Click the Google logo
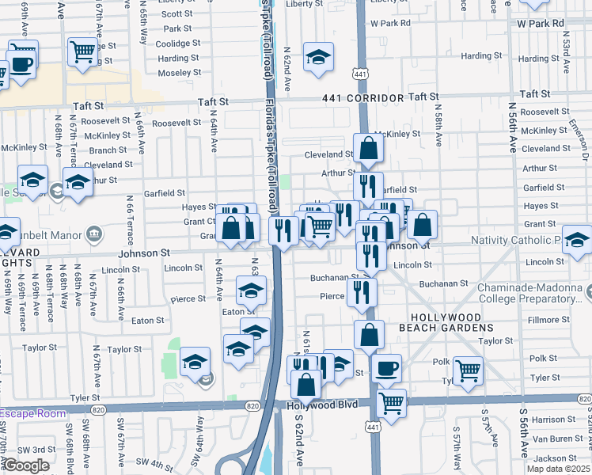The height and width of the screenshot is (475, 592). click(x=27, y=465)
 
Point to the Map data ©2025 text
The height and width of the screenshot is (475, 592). click(x=559, y=469)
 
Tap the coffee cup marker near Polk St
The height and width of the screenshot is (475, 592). click(x=385, y=368)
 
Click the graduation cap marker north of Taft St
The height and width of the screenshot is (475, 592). click(x=318, y=57)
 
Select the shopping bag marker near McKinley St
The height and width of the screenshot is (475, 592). click(x=369, y=148)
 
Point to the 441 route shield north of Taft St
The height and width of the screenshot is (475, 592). click(x=360, y=73)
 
